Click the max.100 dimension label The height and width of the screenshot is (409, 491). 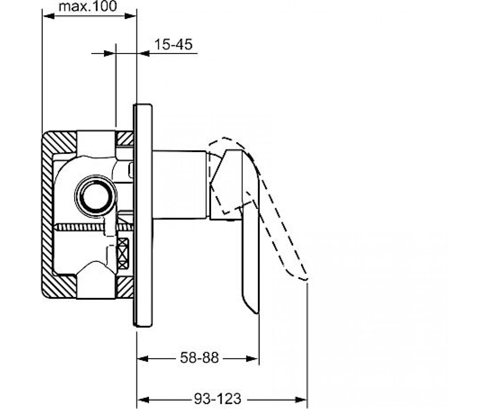point(88,6)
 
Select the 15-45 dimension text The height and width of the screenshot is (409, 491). point(173,44)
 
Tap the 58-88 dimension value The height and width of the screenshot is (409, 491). point(199,358)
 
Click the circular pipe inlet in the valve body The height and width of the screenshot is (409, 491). point(96,196)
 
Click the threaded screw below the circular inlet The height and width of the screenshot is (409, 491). point(94,227)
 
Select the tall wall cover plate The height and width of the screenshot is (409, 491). point(143,215)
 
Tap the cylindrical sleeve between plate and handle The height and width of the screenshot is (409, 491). point(180,185)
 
